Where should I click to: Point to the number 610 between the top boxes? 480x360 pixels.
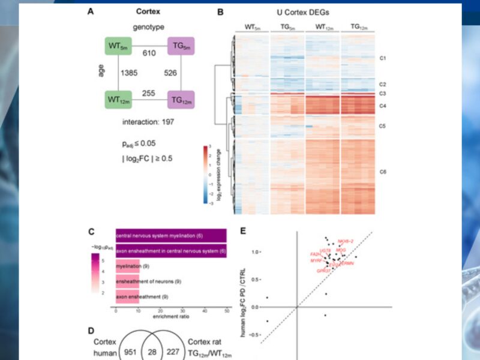149,53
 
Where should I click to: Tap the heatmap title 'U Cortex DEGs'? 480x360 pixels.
302,12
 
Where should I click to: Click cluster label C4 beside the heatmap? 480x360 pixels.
383,107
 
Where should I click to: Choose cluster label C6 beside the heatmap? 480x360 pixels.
383,173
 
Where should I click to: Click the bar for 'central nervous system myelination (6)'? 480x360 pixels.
171,236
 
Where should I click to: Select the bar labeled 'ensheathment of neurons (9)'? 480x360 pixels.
127,281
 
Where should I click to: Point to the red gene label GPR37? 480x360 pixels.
324,271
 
